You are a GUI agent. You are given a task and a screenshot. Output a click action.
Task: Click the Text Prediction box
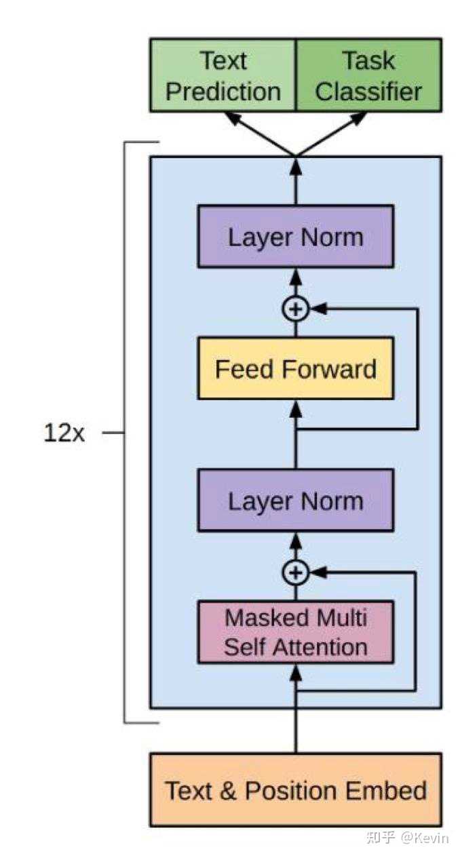pyautogui.click(x=223, y=75)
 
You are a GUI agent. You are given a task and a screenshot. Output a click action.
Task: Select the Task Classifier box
pyautogui.click(x=369, y=75)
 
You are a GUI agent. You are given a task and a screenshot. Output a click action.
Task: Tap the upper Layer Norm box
pyautogui.click(x=296, y=237)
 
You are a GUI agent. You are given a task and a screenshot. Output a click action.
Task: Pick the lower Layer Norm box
pyautogui.click(x=296, y=500)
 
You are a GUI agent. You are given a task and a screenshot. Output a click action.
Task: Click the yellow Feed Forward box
pyautogui.click(x=296, y=368)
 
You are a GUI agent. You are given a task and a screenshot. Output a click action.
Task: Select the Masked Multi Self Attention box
pyautogui.click(x=296, y=632)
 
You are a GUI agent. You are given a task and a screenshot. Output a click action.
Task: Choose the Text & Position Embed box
pyautogui.click(x=296, y=790)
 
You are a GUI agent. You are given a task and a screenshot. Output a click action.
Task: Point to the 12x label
pyautogui.click(x=64, y=433)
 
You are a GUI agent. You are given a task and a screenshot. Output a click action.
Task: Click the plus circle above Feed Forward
pyautogui.click(x=296, y=308)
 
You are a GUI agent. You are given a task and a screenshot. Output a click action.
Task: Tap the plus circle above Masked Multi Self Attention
pyautogui.click(x=296, y=572)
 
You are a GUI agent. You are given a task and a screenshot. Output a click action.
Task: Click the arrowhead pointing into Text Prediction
pyautogui.click(x=233, y=118)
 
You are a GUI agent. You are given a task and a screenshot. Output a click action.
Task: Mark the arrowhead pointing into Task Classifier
pyautogui.click(x=359, y=118)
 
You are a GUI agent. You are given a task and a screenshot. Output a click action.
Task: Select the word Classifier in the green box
pyautogui.click(x=368, y=92)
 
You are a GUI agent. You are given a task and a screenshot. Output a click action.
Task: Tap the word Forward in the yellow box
pyautogui.click(x=329, y=369)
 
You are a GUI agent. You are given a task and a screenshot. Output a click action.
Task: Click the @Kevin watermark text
pyautogui.click(x=425, y=838)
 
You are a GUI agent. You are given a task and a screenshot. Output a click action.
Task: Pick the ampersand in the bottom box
pyautogui.click(x=228, y=791)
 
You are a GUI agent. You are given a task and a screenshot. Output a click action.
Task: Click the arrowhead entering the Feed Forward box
pyautogui.click(x=296, y=408)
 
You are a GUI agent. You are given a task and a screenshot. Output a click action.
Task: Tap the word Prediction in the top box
pyautogui.click(x=223, y=92)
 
